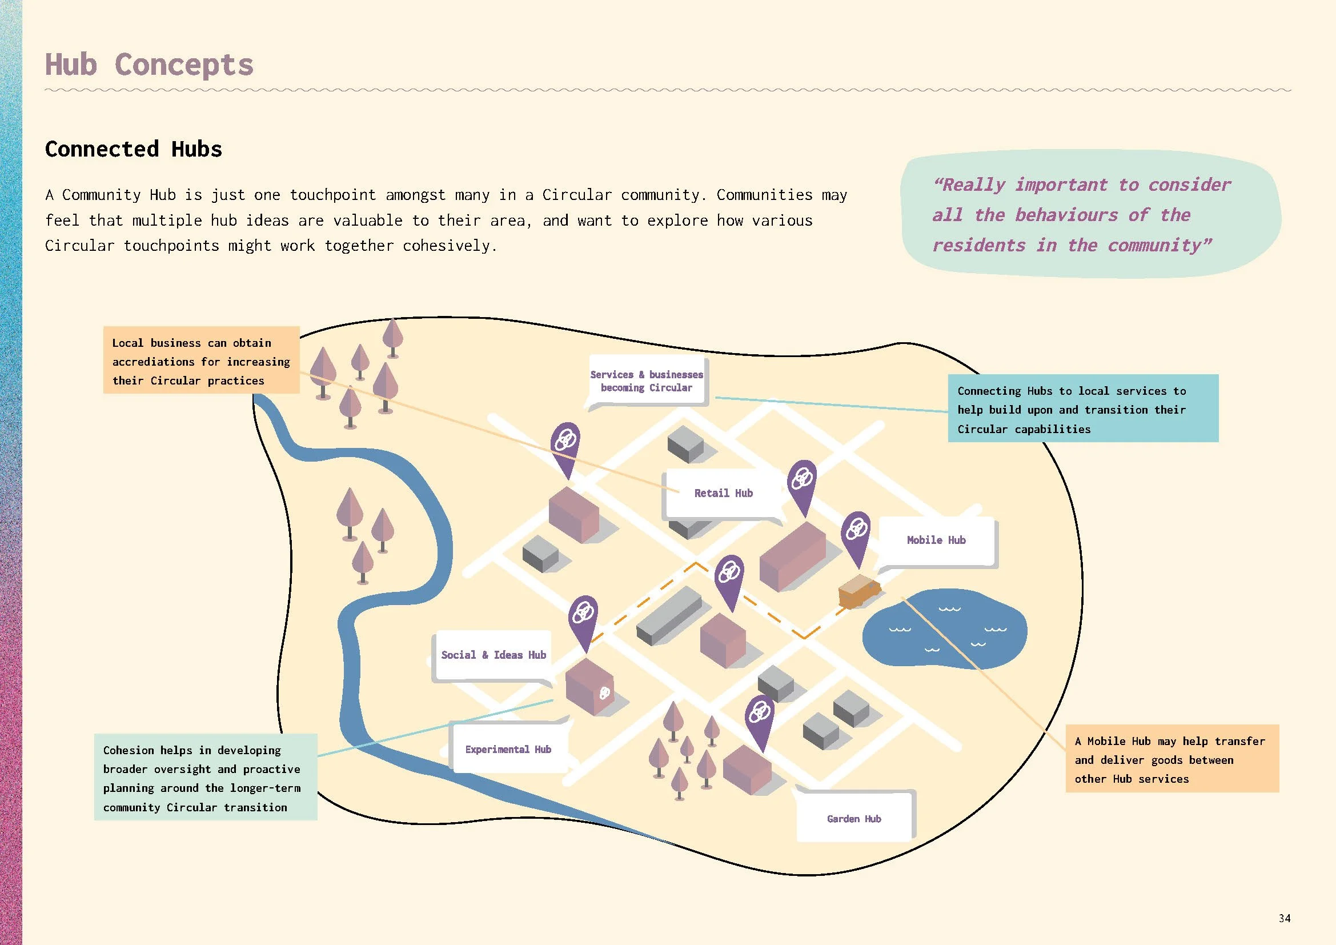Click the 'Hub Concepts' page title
[x=149, y=64]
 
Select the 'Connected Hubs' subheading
[x=133, y=149]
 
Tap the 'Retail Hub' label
[x=723, y=494]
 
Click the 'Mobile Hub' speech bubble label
[x=936, y=540]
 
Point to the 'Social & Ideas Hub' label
[x=493, y=655]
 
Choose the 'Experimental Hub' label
[x=508, y=750]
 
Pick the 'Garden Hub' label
[x=853, y=819]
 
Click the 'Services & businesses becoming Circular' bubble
[x=647, y=381]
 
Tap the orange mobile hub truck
[x=858, y=591]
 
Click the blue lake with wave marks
[x=944, y=632]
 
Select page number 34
[x=1284, y=918]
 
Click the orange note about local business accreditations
[x=200, y=361]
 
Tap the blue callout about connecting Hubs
[x=1082, y=410]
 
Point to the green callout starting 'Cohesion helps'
[x=206, y=778]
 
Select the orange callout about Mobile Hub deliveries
[x=1171, y=759]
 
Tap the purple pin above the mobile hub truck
[x=856, y=534]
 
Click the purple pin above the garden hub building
[x=759, y=717]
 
